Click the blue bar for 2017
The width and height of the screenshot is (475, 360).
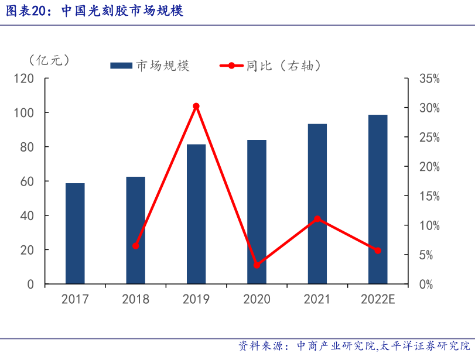click(x=75, y=234)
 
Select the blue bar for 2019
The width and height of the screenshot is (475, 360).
click(x=196, y=214)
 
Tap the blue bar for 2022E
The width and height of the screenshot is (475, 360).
click(x=378, y=199)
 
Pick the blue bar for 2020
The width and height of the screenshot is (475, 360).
click(x=257, y=212)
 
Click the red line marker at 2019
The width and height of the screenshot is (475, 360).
click(x=196, y=106)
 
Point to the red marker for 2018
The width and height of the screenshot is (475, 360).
click(x=136, y=246)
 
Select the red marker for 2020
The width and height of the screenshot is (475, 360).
click(x=257, y=265)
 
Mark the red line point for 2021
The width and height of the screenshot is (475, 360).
click(x=317, y=219)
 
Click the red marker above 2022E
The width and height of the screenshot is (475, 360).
click(x=378, y=251)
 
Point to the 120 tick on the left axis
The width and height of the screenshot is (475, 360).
click(x=25, y=78)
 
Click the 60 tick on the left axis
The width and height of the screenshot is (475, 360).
click(x=28, y=181)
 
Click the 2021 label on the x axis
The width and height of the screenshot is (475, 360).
click(x=317, y=299)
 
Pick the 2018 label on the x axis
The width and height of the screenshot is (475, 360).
click(x=135, y=299)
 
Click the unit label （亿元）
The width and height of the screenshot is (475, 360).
click(x=49, y=60)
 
